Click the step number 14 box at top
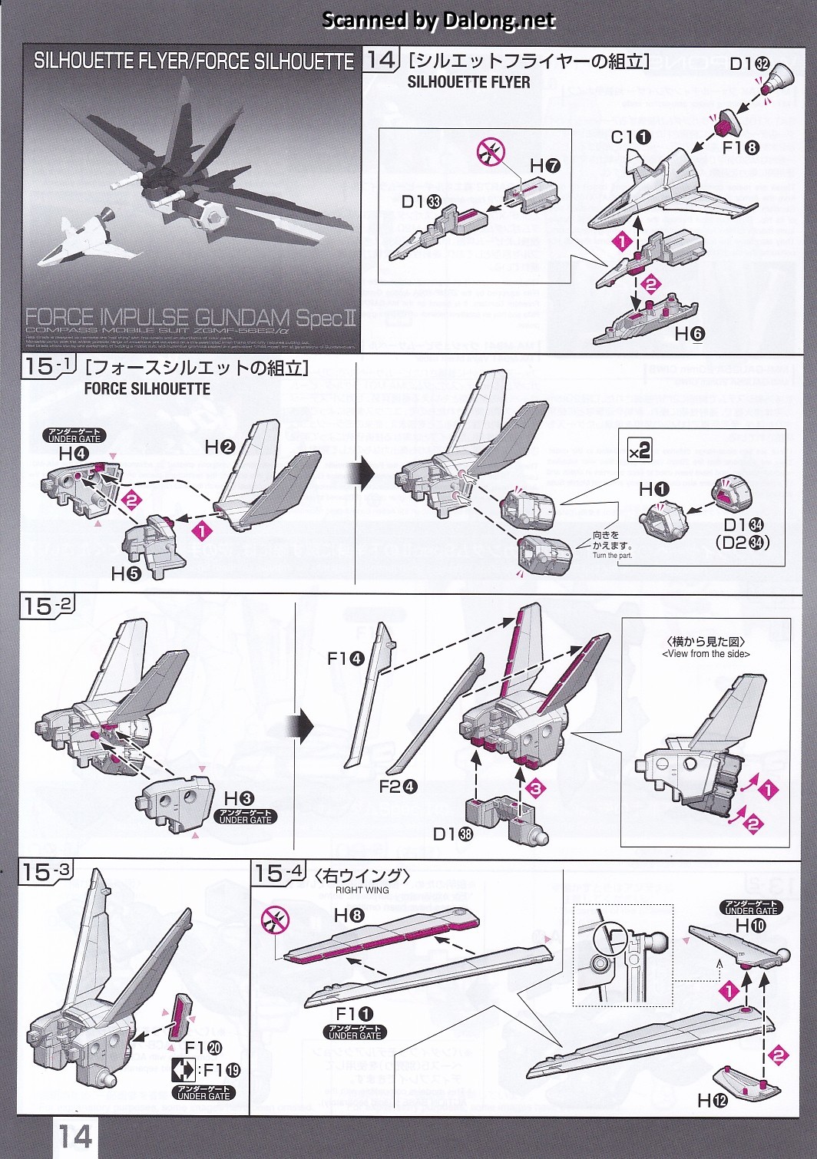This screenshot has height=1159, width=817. pyautogui.click(x=381, y=60)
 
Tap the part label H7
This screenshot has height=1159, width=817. pyautogui.click(x=544, y=165)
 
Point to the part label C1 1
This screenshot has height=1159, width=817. pyautogui.click(x=631, y=137)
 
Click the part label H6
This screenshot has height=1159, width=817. pyautogui.click(x=690, y=334)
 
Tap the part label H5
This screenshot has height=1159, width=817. pyautogui.click(x=127, y=573)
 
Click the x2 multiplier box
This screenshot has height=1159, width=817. pyautogui.click(x=640, y=450)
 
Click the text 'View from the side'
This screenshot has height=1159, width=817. pyautogui.click(x=706, y=654)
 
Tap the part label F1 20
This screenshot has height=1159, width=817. pyautogui.click(x=203, y=1048)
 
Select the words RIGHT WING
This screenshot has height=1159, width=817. pyautogui.click(x=362, y=890)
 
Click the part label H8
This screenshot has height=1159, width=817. pyautogui.click(x=349, y=915)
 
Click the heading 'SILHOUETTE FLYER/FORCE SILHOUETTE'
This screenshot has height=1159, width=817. pyautogui.click(x=193, y=61)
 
